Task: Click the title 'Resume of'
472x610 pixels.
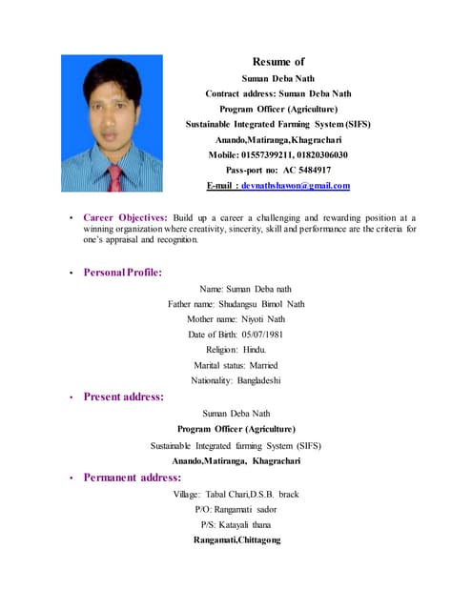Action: [277, 62]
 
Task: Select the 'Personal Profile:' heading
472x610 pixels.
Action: [122, 273]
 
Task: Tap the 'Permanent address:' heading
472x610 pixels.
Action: [132, 477]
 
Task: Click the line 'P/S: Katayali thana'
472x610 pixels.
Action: [236, 525]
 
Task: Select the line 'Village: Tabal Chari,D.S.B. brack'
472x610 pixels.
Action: [236, 495]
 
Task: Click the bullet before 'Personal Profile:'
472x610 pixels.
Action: [71, 274]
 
